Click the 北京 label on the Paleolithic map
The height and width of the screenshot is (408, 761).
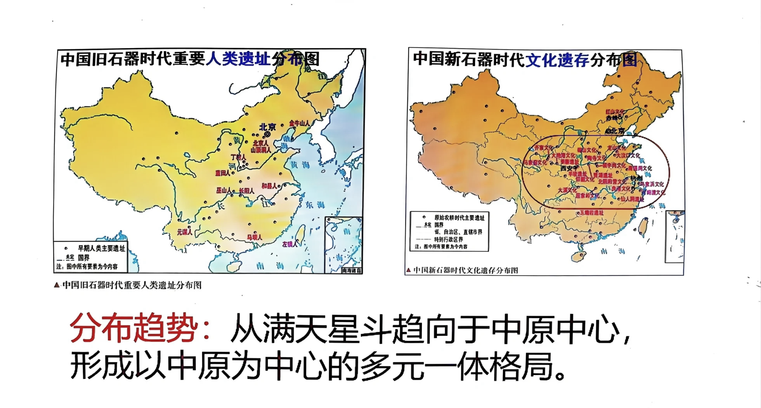(x=267, y=127)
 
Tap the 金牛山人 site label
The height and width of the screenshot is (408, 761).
(x=299, y=123)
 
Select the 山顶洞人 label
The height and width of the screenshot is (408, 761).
(x=261, y=150)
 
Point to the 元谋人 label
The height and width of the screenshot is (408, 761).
(x=184, y=232)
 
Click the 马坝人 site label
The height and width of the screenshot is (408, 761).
(x=254, y=237)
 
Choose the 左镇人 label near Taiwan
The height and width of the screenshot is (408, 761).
(x=290, y=244)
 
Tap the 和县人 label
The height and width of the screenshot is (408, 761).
(x=269, y=186)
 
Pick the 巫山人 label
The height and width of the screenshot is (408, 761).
(x=224, y=190)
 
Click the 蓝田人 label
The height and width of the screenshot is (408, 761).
(x=222, y=173)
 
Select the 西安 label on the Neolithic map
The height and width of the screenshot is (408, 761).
(x=567, y=169)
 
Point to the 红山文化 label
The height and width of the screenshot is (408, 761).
(x=615, y=112)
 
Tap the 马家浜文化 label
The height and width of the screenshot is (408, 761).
(x=652, y=184)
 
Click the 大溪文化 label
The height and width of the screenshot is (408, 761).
(x=567, y=190)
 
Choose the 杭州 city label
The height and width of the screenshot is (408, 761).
(x=636, y=178)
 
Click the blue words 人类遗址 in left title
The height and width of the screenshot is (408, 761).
(x=237, y=59)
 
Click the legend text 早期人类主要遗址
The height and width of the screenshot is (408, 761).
(x=101, y=248)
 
